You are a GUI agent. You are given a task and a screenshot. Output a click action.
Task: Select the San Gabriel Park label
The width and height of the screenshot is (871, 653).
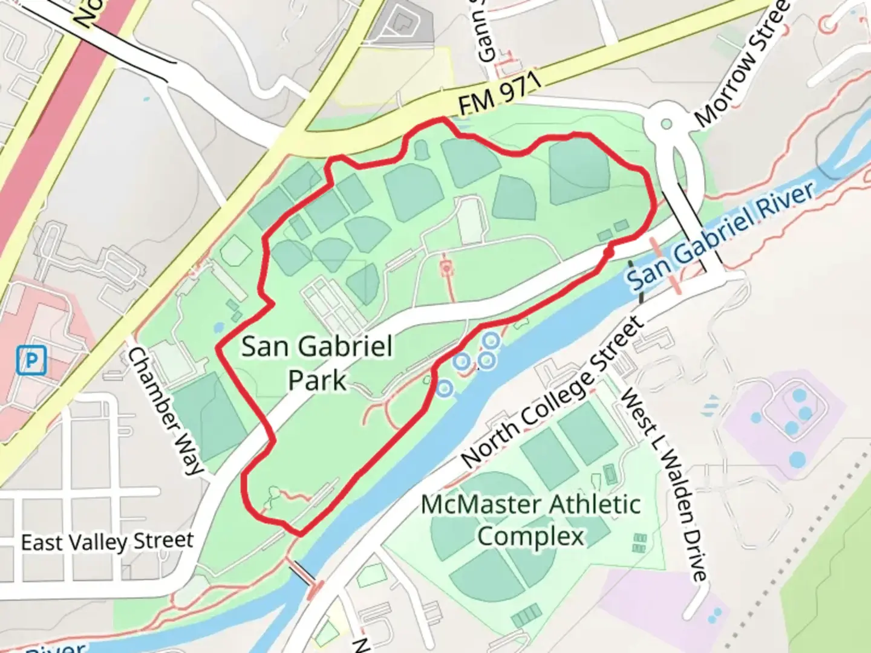[317, 363]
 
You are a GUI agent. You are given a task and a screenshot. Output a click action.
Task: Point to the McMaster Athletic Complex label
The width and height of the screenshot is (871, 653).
[531, 519]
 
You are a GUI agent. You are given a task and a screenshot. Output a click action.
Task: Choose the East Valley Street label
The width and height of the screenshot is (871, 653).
[108, 542]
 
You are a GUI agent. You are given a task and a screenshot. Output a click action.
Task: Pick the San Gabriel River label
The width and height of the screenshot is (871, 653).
[720, 236]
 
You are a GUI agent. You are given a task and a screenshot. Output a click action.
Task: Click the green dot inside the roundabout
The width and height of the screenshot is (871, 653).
[667, 124]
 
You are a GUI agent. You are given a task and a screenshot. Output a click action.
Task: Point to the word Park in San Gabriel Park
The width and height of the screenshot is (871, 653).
[317, 380]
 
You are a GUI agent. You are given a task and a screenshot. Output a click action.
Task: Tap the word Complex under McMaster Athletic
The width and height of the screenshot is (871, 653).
[531, 536]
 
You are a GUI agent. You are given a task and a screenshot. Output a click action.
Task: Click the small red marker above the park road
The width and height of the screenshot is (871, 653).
[446, 267]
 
